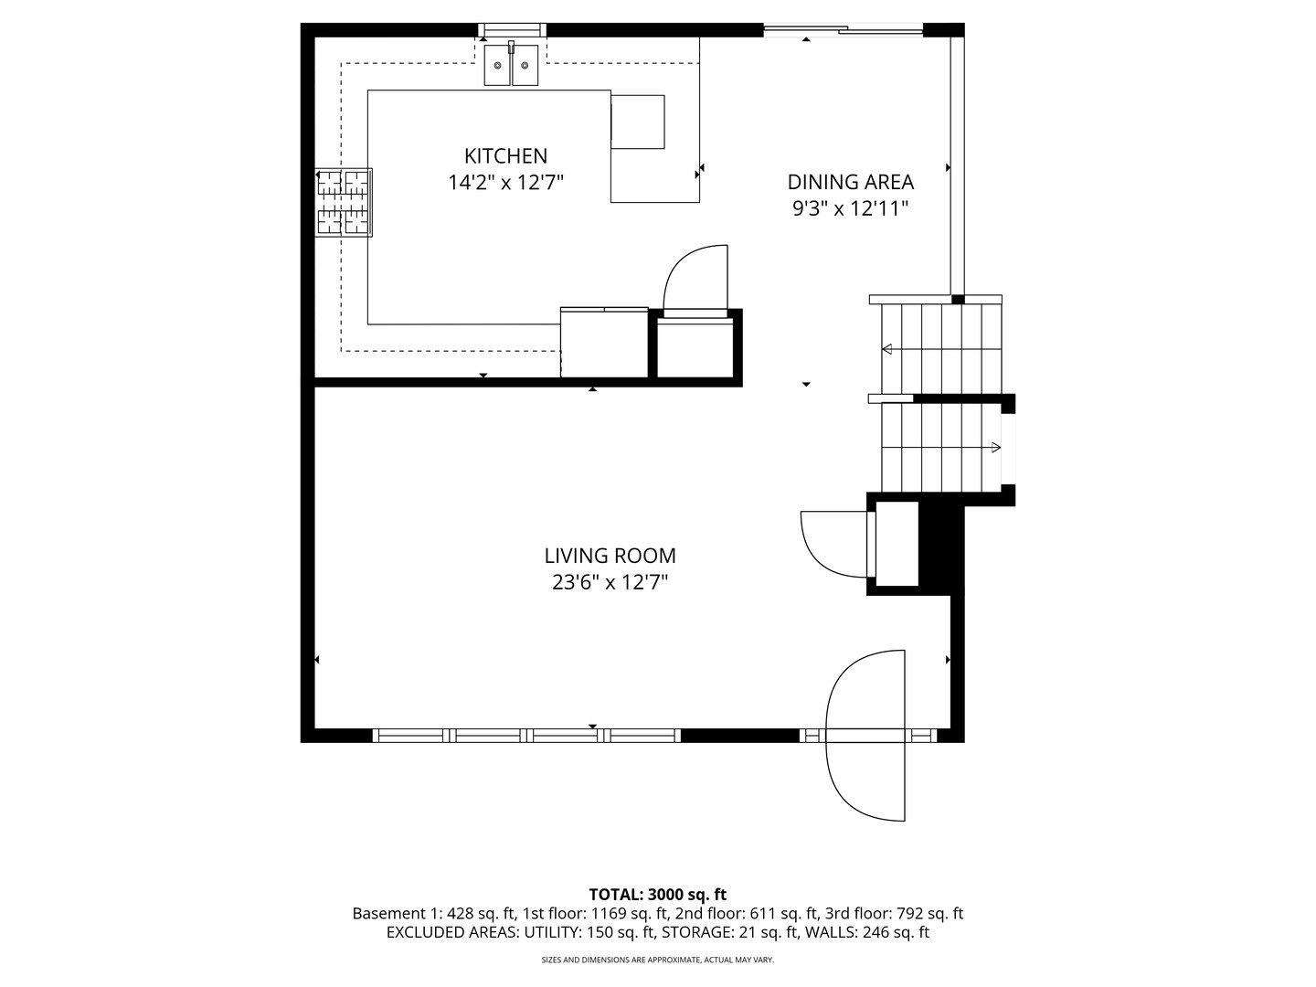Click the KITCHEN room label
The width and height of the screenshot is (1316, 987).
tap(505, 155)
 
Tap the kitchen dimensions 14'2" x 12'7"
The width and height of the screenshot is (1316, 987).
tap(506, 182)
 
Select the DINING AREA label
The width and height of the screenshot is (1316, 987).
tap(850, 182)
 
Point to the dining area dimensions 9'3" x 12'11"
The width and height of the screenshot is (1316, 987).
tap(850, 208)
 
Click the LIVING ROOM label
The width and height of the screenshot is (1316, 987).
tap(610, 556)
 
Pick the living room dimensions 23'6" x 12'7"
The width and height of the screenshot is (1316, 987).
tap(610, 582)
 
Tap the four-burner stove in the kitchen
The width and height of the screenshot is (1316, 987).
tap(345, 203)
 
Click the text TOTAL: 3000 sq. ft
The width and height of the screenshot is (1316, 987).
tap(657, 894)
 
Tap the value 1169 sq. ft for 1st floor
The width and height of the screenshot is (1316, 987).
tap(630, 913)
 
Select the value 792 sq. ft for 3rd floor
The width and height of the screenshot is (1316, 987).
tap(929, 913)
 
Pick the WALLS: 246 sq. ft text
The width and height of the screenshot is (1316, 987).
tap(866, 932)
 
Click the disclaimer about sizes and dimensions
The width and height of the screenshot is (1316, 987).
tap(658, 960)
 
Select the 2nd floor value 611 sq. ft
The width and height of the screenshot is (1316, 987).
tap(784, 913)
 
